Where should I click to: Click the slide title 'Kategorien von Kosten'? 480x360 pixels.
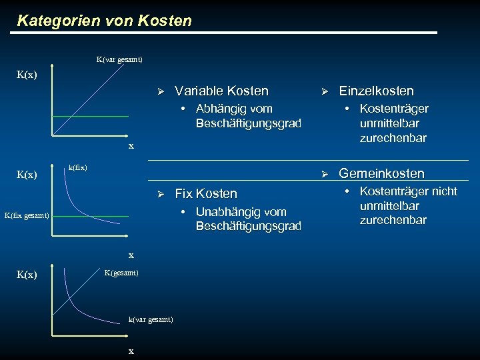point(104,21)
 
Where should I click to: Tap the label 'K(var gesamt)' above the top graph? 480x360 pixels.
point(119,60)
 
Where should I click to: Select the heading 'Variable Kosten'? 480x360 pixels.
point(221,91)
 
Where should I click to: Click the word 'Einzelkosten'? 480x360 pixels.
point(376,91)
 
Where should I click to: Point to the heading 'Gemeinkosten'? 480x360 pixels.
point(381,173)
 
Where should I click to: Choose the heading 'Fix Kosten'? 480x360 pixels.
point(205,193)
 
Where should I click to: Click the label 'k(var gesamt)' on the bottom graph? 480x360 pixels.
point(151,319)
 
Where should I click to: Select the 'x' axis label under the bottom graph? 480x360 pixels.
point(131,351)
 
